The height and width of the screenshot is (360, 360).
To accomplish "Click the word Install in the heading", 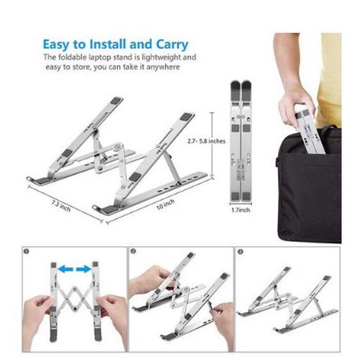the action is click(x=108, y=45).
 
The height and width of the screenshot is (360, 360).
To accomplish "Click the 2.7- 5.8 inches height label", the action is click(x=207, y=141).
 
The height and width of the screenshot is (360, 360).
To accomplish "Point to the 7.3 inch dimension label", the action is click(x=61, y=206).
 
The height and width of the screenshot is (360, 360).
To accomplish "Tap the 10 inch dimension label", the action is click(x=166, y=204).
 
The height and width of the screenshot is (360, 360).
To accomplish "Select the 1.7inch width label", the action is click(x=240, y=210).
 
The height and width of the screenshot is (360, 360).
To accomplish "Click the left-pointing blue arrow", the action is click(x=66, y=269).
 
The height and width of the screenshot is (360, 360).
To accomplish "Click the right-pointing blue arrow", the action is click(x=84, y=269).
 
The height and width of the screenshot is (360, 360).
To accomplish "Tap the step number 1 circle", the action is click(x=27, y=251).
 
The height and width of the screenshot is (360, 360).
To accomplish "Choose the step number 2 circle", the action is click(x=133, y=251).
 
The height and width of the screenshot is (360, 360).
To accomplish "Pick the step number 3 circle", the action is click(x=240, y=251).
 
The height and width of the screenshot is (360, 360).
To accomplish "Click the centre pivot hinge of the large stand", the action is click(x=118, y=146).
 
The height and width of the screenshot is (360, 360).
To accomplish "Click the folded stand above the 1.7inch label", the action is click(x=240, y=142).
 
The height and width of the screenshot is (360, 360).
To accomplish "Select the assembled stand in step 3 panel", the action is click(x=287, y=300).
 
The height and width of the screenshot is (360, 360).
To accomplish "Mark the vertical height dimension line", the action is click(x=212, y=145).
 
